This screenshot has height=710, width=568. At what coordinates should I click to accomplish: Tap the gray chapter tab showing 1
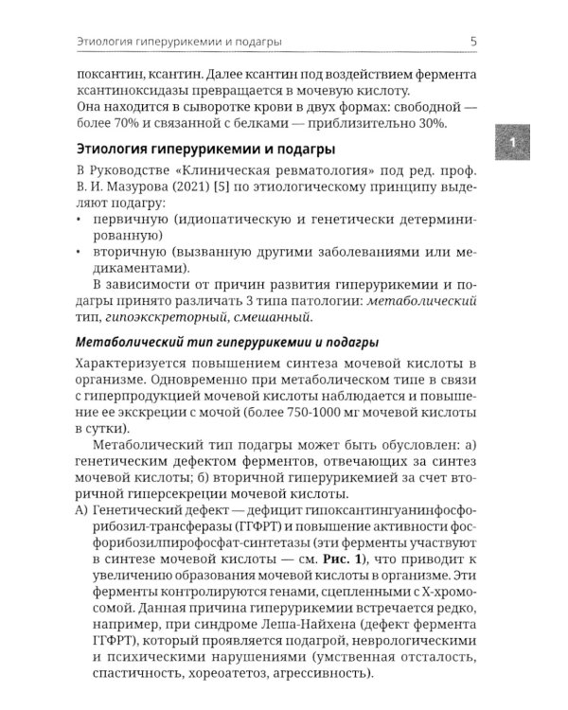[511, 141]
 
